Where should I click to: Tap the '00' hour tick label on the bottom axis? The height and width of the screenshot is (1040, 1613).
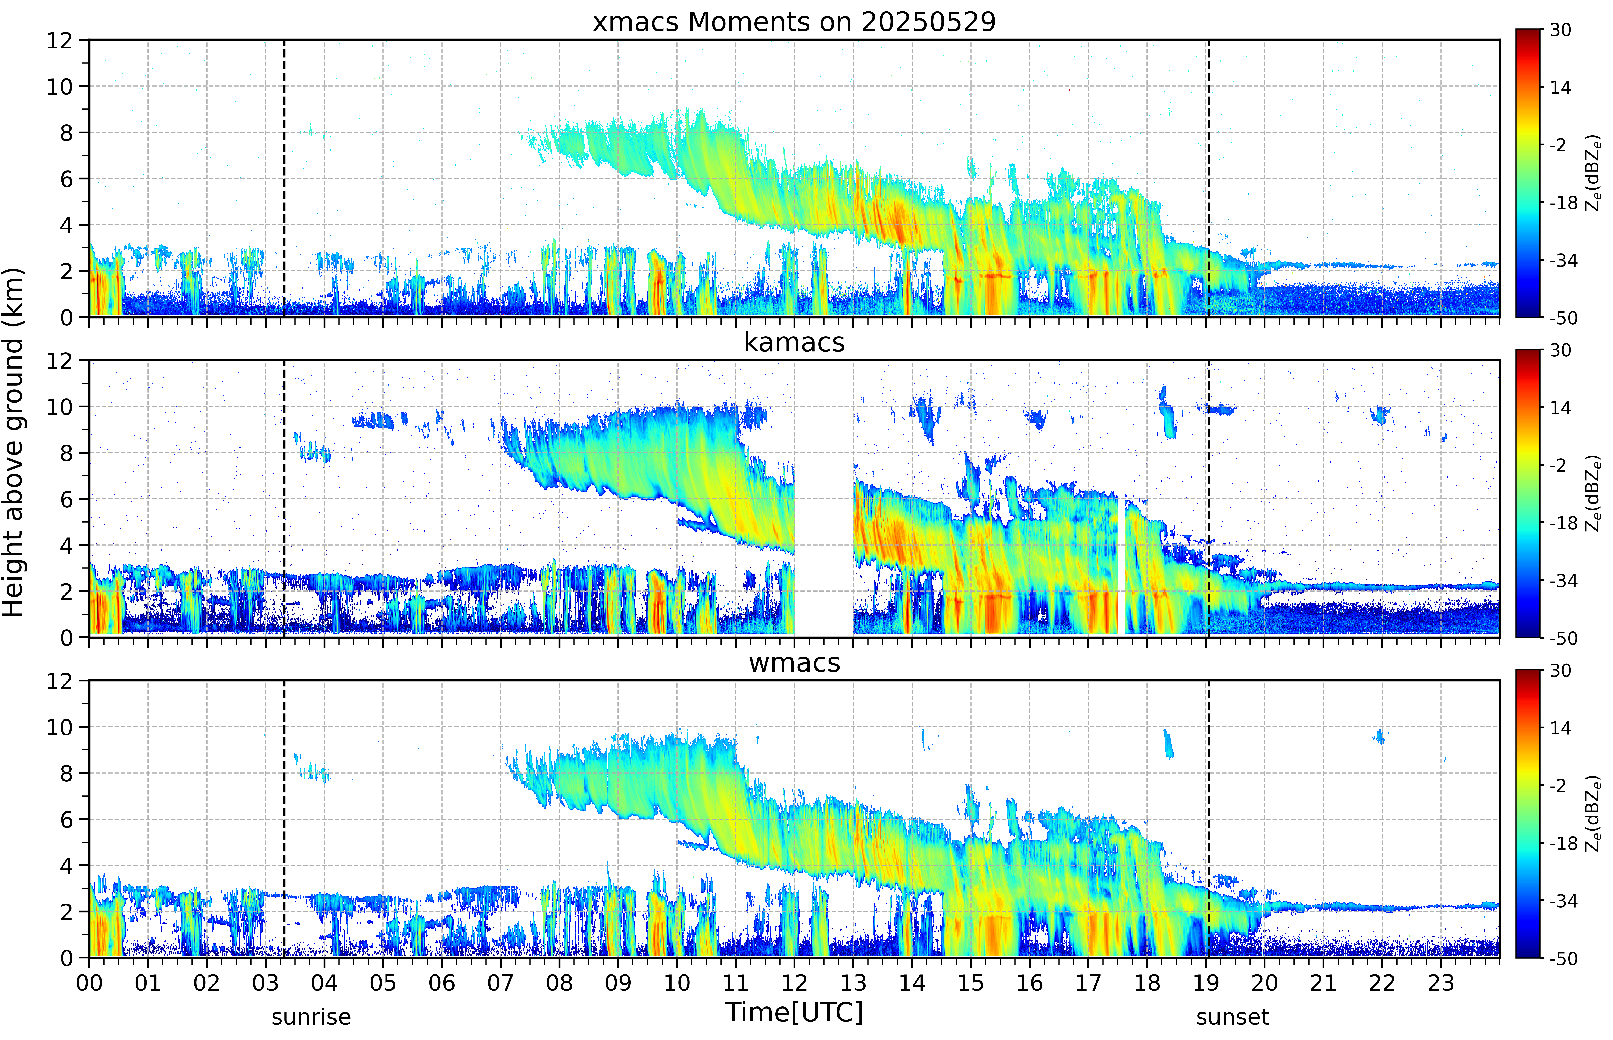(x=89, y=983)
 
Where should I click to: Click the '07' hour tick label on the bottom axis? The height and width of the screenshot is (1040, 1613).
(x=501, y=983)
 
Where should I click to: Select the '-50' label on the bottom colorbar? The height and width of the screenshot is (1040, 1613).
(x=1563, y=958)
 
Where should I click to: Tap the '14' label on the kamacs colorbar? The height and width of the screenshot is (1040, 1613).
(x=1560, y=408)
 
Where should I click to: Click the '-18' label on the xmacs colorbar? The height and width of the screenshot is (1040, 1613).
(x=1563, y=203)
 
